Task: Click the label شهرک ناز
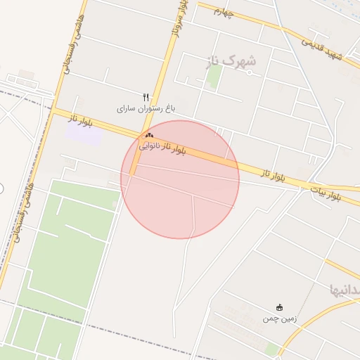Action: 231,61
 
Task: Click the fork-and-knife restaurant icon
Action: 146,96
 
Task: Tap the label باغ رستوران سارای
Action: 146,109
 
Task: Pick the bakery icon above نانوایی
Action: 148,135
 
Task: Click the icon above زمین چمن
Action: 280,307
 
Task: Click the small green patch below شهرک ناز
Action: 213,77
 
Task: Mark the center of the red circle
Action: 180,179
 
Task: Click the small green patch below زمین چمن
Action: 271,349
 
